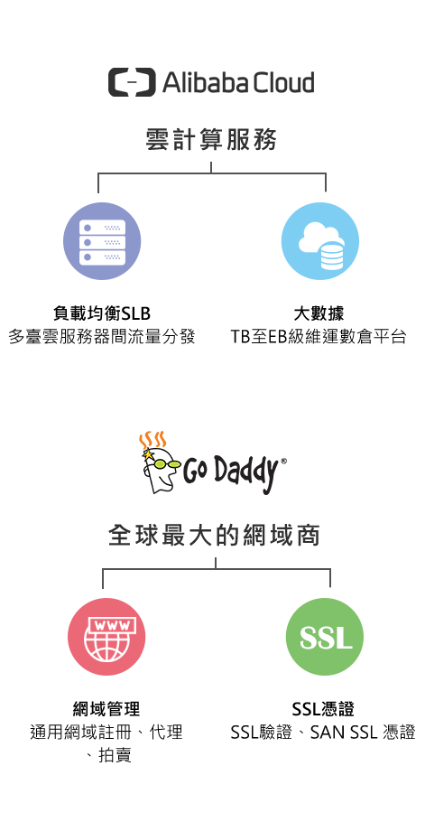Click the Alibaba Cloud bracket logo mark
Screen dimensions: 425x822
132,82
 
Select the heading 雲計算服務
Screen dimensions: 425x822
211,140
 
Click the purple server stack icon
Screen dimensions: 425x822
102,241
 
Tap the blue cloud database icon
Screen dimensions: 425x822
320,241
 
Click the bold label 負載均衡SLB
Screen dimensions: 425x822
102,313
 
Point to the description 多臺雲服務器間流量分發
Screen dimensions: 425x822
102,337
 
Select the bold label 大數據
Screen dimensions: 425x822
319,313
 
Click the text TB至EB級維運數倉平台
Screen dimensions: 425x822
319,337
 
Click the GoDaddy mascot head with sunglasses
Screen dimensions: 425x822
160,470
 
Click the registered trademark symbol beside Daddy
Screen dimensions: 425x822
283,462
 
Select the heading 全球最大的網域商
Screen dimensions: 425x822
214,536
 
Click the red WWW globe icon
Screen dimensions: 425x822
106,637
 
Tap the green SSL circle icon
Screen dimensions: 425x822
325,637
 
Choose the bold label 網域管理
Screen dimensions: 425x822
106,709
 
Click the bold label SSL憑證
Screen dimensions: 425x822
323,709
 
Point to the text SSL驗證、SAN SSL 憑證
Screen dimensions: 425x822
323,733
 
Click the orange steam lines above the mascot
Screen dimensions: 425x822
152,440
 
